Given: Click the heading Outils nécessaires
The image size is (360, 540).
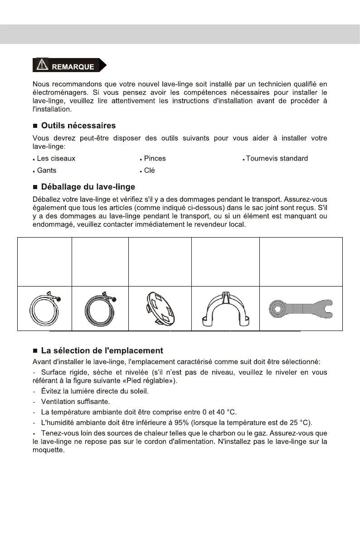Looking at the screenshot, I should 78,126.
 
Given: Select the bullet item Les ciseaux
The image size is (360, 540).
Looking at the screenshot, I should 56,159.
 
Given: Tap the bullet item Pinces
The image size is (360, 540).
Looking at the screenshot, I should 155,159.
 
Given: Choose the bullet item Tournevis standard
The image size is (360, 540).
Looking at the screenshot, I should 277,159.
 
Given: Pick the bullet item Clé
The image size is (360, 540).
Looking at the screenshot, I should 149,171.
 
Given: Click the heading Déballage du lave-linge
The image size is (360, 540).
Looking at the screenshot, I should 88,187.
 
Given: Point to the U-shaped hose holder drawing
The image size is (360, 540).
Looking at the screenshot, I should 225,309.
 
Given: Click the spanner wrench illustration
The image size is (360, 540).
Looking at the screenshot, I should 301,309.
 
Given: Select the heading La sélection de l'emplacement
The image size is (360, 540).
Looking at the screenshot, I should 102,350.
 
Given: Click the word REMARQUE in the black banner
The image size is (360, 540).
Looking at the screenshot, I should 73,67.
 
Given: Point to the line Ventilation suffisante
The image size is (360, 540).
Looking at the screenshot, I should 75,402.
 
